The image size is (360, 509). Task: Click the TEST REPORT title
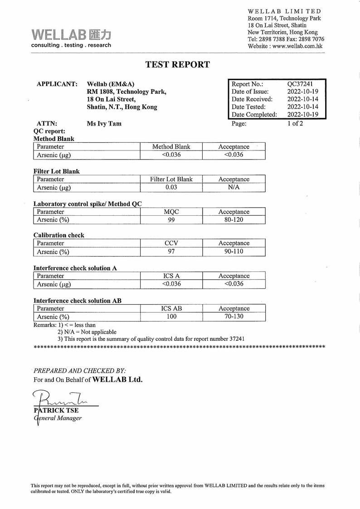pos(177,64)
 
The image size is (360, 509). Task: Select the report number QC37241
pos(300,84)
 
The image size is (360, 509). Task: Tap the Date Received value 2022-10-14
pos(303,99)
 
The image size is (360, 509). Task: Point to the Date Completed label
pos(254,115)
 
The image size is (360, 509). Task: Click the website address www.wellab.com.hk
pos(297,46)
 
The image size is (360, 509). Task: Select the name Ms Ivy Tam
pos(104,123)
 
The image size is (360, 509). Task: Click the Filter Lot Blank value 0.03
pos(171,188)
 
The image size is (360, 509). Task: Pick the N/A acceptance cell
pos(234,188)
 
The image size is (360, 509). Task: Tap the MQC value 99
pos(171,220)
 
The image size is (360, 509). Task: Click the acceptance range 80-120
pos(234,220)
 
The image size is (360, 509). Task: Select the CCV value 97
pos(171,252)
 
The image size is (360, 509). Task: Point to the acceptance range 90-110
pos(234,252)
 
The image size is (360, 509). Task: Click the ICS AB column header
pos(171,308)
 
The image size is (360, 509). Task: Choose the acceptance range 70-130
pos(234,316)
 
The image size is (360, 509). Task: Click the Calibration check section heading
pos(58,235)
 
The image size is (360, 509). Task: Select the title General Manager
pos(58,418)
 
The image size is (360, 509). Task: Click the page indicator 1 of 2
pos(295,123)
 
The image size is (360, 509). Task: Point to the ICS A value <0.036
pos(171,284)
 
